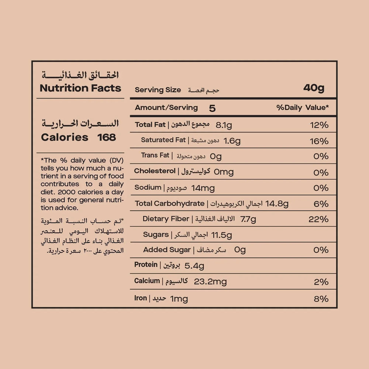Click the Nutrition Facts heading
[x=80, y=88]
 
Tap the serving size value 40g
[x=314, y=88]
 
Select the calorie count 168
[x=107, y=138]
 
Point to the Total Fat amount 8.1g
[x=224, y=125]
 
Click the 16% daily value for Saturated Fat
[x=319, y=141]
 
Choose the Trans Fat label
[x=155, y=155]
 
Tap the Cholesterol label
[x=155, y=171]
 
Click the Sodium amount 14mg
[x=203, y=188]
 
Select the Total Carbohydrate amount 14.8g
[x=277, y=204]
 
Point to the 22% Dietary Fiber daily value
[x=318, y=220]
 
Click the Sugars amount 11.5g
[x=221, y=235]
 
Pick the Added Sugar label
[x=167, y=250]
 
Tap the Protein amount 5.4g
[x=194, y=266]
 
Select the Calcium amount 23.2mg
[x=210, y=282]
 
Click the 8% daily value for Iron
[x=321, y=299]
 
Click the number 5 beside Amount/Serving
[x=212, y=108]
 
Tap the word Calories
[x=65, y=138]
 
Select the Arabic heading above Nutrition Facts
[x=80, y=75]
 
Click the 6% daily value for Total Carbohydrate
[x=321, y=204]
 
